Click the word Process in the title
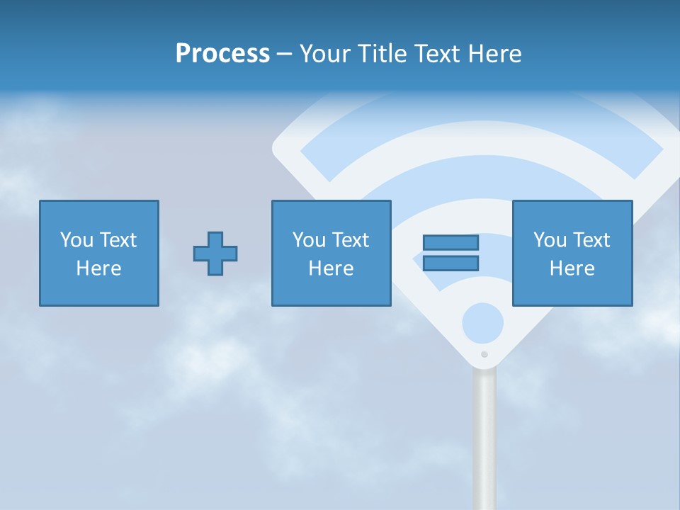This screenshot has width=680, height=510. pyautogui.click(x=222, y=54)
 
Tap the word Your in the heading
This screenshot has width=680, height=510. pyautogui.click(x=324, y=54)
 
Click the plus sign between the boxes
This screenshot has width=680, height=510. pyautogui.click(x=215, y=254)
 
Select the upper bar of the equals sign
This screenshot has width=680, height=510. pyautogui.click(x=450, y=242)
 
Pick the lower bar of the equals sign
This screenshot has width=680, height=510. pyautogui.click(x=450, y=263)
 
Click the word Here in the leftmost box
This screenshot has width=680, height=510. pyautogui.click(x=99, y=268)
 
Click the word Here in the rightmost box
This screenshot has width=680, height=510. pyautogui.click(x=572, y=268)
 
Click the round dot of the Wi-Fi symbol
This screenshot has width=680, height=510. pyautogui.click(x=483, y=324)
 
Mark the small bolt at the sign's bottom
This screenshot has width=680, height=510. pyautogui.click(x=484, y=354)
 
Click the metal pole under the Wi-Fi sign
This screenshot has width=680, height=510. pyautogui.click(x=484, y=439)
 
